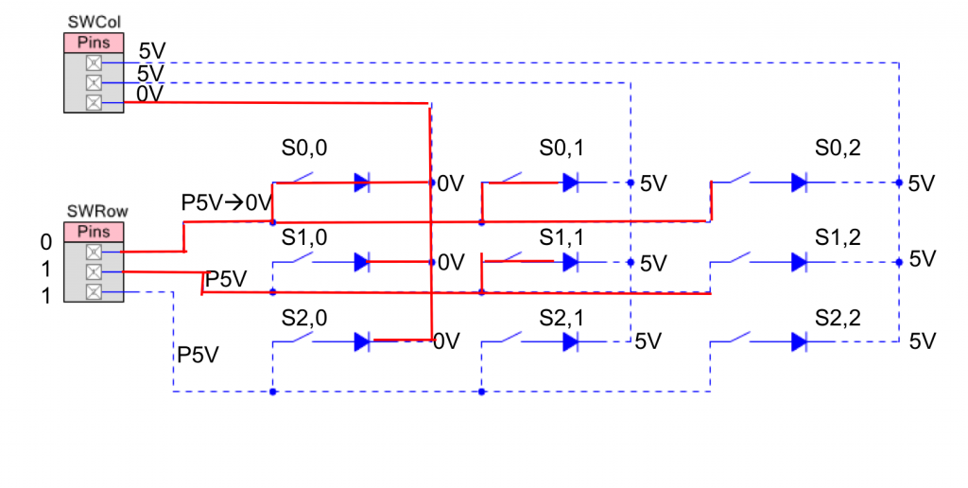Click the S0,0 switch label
click(x=304, y=148)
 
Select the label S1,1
click(x=562, y=237)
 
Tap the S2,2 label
click(x=838, y=318)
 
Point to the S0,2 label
click(x=838, y=148)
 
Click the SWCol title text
click(x=94, y=23)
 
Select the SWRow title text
click(x=97, y=212)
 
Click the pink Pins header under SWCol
click(x=94, y=44)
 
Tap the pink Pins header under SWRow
click(x=94, y=233)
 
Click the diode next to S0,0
click(x=362, y=183)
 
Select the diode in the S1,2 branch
click(x=800, y=263)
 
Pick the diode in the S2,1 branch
click(x=571, y=341)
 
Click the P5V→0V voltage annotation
click(x=227, y=202)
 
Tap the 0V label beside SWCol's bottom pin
click(x=150, y=95)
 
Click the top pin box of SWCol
click(x=94, y=62)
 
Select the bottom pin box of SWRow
click(x=94, y=291)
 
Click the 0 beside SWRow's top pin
click(x=46, y=243)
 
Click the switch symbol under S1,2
click(x=731, y=259)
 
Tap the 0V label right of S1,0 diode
click(x=451, y=263)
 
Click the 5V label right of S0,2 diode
click(x=922, y=183)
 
